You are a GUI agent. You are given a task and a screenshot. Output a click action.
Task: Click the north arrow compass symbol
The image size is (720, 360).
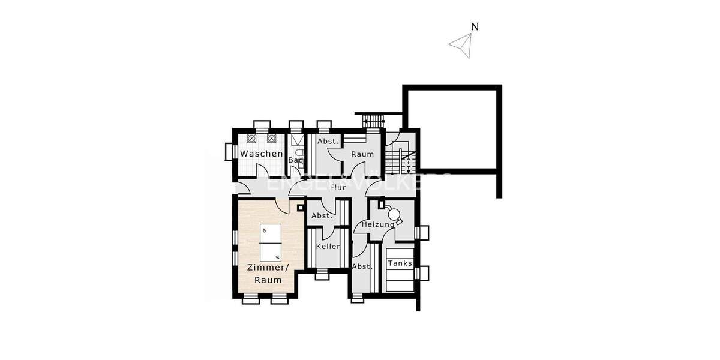462,45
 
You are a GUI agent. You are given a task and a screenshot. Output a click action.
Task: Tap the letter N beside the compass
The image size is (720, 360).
475,26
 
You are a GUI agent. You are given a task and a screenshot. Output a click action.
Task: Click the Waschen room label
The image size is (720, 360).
261,154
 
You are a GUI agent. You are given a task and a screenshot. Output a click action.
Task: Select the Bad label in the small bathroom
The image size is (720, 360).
295,160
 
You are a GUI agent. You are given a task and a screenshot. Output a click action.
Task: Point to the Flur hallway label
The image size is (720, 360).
338,187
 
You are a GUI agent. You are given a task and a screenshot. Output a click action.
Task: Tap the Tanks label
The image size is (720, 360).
400,263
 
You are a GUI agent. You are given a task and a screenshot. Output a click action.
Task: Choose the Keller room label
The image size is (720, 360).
328,247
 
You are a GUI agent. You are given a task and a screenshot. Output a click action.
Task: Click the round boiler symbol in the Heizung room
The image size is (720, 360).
394,214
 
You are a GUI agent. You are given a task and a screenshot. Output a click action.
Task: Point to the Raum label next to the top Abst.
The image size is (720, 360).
362,154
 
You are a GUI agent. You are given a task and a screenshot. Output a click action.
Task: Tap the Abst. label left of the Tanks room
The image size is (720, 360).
362,266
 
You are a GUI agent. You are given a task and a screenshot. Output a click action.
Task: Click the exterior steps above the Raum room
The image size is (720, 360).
374,121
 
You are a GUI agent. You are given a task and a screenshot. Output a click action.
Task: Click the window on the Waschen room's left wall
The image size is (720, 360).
229,152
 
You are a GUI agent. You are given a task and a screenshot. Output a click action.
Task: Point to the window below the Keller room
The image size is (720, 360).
322,274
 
